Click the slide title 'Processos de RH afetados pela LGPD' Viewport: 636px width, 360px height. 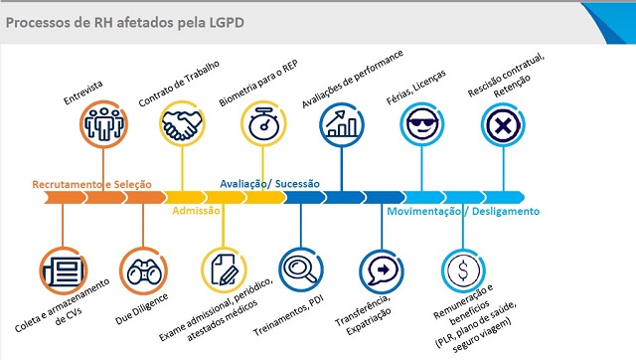tap(125, 22)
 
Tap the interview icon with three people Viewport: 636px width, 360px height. tap(103, 124)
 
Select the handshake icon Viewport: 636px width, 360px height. tap(182, 123)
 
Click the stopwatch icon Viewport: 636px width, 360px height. tap(263, 123)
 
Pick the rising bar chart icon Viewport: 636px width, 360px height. tap(342, 124)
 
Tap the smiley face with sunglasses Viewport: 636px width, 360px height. tap(421, 124)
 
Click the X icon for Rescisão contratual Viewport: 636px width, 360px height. tap(503, 124)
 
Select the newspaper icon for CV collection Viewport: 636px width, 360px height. tap(64, 270)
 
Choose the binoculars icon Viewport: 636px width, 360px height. tap(143, 270)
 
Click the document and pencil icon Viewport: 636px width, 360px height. tap(224, 270)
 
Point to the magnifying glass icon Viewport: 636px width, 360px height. tap(301, 270)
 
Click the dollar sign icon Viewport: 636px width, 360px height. tap(463, 270)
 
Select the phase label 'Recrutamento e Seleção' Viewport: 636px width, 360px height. tap(92, 184)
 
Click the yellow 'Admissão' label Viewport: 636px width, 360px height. tap(196, 210)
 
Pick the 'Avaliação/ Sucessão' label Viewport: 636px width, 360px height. tap(269, 184)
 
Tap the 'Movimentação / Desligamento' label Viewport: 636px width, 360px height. tap(463, 211)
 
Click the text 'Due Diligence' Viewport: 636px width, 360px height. tap(141, 309)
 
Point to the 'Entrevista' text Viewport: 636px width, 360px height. tap(83, 92)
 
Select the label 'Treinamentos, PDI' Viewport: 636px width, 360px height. tap(288, 316)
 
